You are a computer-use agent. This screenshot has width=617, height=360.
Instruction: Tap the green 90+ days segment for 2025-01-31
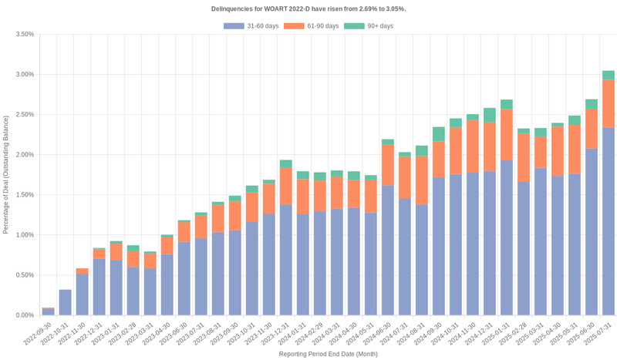click(506, 104)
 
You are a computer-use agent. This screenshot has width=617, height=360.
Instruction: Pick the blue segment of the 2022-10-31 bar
click(65, 302)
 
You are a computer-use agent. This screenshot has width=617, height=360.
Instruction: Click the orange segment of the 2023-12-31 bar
click(285, 187)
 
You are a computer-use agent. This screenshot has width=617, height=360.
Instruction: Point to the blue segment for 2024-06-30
click(387, 250)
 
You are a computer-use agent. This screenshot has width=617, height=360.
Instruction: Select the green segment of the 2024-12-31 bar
click(489, 115)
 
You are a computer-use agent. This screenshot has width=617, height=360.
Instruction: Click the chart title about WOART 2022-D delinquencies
click(308, 8)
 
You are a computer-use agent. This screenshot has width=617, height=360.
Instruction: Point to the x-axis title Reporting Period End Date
click(328, 354)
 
